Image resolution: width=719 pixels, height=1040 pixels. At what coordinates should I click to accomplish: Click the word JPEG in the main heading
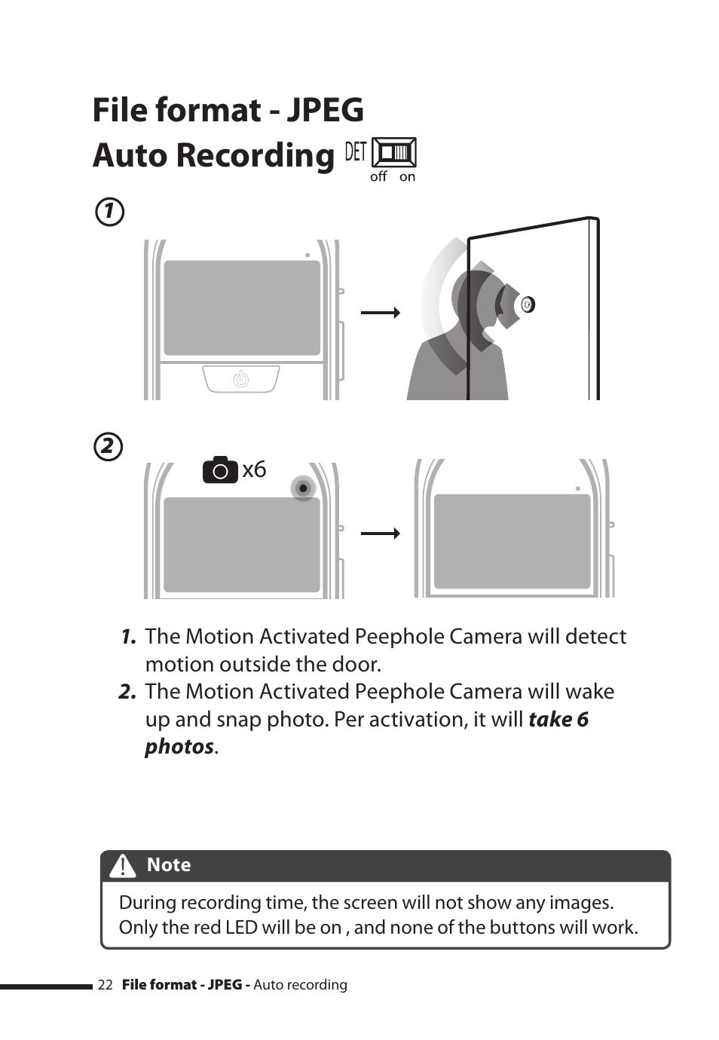click(325, 111)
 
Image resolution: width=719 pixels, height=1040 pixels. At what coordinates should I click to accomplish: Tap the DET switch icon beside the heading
click(394, 152)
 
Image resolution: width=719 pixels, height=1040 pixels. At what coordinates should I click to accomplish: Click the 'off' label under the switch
click(378, 176)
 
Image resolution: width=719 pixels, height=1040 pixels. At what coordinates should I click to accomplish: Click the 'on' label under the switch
click(407, 177)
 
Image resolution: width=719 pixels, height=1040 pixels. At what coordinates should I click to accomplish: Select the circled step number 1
click(109, 212)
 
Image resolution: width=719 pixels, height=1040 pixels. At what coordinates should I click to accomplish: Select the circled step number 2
click(109, 447)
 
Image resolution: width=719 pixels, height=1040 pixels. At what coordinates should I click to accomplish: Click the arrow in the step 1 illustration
click(380, 313)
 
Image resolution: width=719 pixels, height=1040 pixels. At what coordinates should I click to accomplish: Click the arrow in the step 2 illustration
click(380, 534)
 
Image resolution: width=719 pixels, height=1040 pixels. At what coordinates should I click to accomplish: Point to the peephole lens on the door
click(528, 304)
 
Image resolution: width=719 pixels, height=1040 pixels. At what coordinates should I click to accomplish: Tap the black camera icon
click(220, 470)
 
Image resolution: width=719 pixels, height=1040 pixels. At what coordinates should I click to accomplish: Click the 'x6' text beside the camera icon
click(254, 470)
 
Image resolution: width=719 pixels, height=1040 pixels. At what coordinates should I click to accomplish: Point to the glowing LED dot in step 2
click(303, 488)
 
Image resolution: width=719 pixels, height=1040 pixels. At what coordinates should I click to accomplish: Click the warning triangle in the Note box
click(123, 866)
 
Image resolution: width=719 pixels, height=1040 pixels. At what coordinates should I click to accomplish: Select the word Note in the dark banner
click(169, 865)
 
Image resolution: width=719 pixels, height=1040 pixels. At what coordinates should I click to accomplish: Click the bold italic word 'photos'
click(179, 747)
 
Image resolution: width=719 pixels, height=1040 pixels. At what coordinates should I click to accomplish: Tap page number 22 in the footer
click(105, 985)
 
